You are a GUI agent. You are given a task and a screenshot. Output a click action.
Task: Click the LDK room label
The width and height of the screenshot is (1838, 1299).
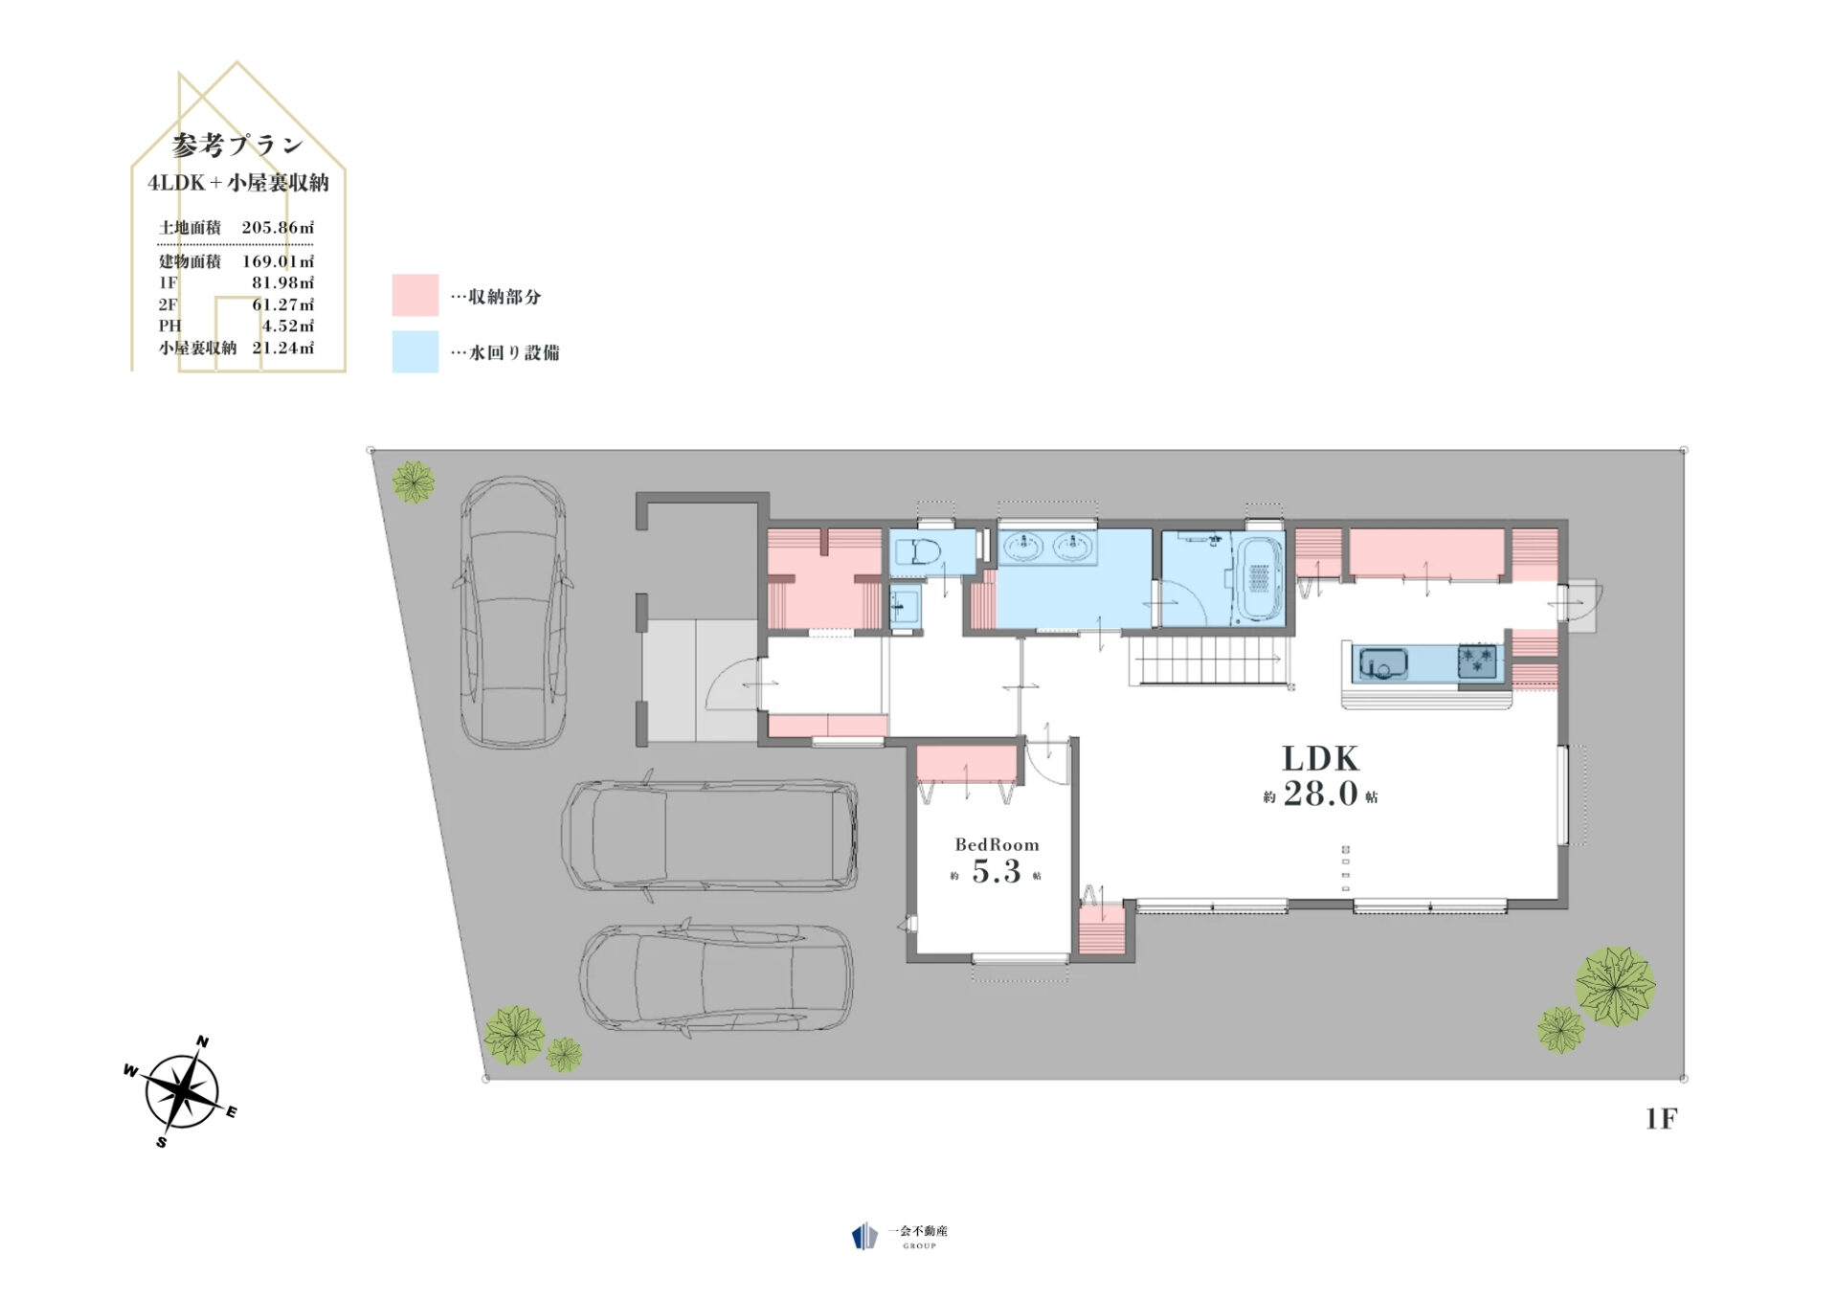[x=1320, y=759]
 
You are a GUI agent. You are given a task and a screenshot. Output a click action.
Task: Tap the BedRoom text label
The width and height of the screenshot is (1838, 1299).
[x=997, y=844]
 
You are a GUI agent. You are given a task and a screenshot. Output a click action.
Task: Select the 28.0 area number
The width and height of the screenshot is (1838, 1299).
[x=1320, y=794]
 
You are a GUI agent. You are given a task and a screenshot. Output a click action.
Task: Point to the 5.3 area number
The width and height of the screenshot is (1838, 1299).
[x=996, y=872]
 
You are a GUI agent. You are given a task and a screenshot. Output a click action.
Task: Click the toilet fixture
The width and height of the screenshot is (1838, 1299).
[x=919, y=552]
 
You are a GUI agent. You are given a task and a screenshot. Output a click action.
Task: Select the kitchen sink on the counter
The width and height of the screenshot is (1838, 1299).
[x=1384, y=662]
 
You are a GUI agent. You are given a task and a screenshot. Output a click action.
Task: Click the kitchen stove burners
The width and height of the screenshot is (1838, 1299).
[x=1477, y=661]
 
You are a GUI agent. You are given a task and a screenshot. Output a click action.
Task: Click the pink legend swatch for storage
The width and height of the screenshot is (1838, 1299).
[x=415, y=295]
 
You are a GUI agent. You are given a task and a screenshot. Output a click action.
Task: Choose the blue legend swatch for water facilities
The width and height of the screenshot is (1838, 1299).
[x=415, y=351]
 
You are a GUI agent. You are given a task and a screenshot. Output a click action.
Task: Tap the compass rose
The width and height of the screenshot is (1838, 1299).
[x=181, y=1090]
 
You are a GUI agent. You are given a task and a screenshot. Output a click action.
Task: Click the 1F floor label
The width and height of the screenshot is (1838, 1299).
[x=1661, y=1118]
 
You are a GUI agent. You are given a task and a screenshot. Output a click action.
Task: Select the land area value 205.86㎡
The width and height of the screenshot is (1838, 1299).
[x=278, y=228]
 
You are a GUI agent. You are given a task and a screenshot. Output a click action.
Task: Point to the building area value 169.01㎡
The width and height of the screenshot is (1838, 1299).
[x=278, y=261]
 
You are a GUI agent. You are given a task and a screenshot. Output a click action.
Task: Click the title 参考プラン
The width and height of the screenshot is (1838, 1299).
[x=237, y=146]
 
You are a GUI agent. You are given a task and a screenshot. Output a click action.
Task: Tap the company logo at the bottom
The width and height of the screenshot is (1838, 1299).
[x=900, y=1236]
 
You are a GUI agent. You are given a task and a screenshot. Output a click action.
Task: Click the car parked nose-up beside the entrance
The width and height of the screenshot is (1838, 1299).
[x=513, y=613]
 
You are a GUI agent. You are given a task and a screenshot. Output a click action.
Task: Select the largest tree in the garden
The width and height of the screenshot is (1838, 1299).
[x=1615, y=986]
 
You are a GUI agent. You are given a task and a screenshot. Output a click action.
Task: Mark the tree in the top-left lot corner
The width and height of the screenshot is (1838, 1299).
[x=414, y=482]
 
